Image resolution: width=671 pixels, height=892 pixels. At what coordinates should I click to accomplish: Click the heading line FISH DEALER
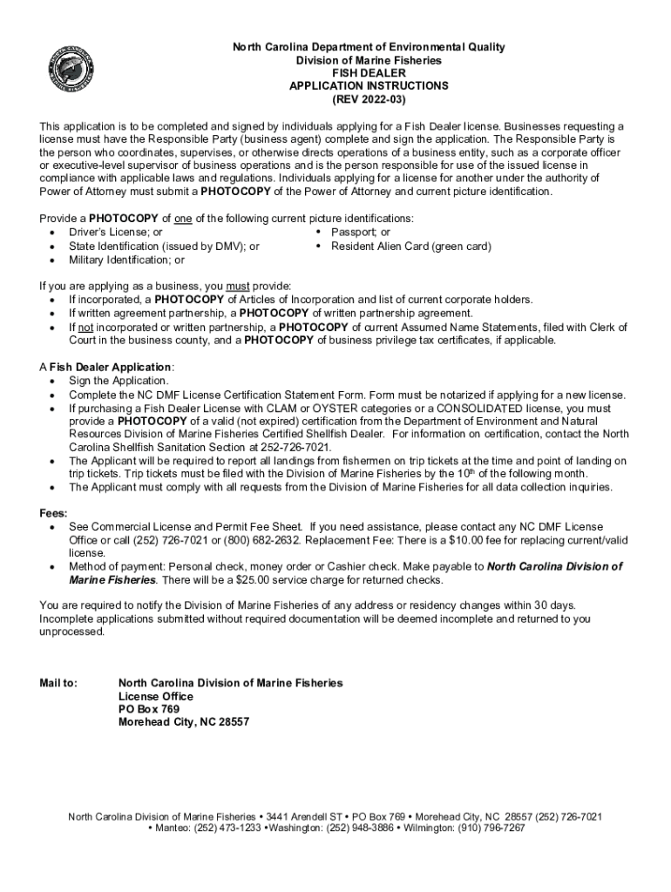pyautogui.click(x=369, y=73)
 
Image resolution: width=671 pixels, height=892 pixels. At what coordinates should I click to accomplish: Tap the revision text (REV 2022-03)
pyautogui.click(x=369, y=99)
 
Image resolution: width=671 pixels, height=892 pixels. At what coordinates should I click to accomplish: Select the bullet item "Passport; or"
pyautogui.click(x=360, y=233)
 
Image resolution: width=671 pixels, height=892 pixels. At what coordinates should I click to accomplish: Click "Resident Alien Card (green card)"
pyautogui.click(x=410, y=247)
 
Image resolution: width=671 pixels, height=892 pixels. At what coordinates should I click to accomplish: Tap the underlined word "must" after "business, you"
pyautogui.click(x=238, y=286)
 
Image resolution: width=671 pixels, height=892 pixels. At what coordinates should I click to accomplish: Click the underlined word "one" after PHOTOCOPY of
pyautogui.click(x=182, y=219)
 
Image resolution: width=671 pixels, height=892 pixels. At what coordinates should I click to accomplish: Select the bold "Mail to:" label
pyautogui.click(x=59, y=683)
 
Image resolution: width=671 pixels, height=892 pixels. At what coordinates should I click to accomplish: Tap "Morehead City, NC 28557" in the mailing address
pyautogui.click(x=184, y=722)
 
